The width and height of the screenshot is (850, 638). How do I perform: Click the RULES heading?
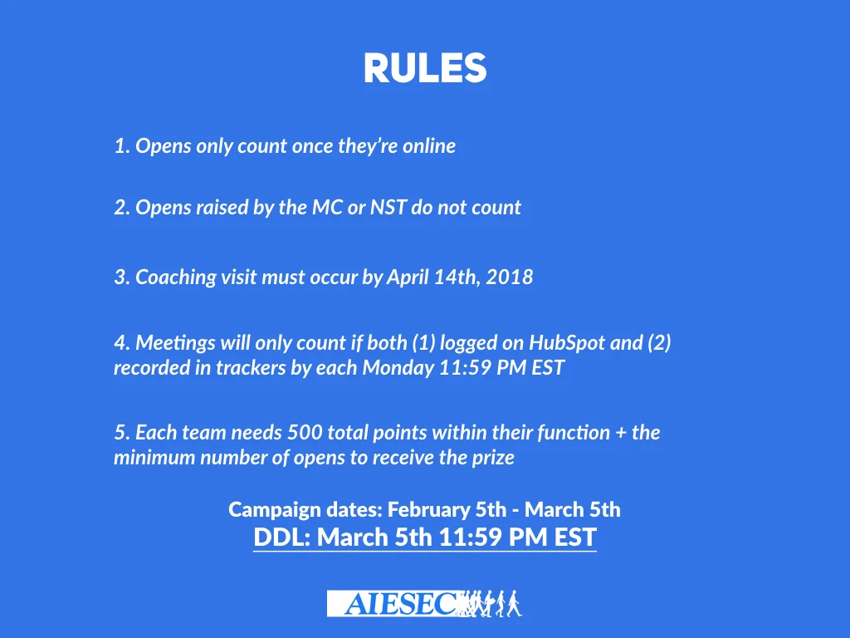pos(424,69)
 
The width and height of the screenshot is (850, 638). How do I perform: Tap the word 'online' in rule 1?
pos(429,146)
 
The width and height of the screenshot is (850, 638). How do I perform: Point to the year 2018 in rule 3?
pos(510,277)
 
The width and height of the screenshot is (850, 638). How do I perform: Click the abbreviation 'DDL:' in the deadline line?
pos(282,537)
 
